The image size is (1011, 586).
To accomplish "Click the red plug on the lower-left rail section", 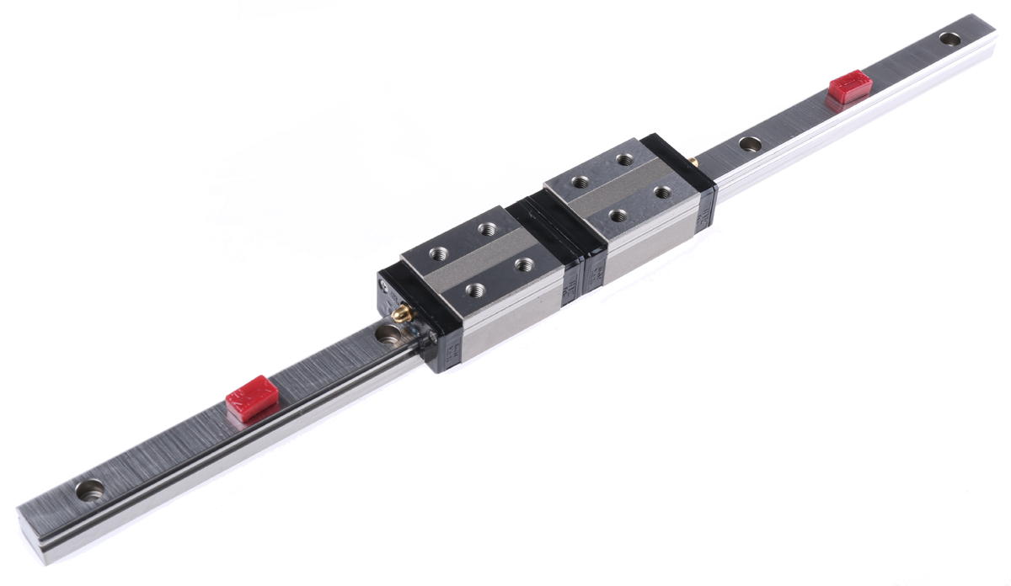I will [x=251, y=397].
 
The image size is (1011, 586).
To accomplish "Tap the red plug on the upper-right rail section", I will [x=850, y=88].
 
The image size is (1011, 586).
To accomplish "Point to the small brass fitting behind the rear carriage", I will [x=693, y=158].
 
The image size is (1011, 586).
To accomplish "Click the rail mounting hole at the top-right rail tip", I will [x=950, y=38].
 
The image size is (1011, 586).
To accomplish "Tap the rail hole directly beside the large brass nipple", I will [x=388, y=334].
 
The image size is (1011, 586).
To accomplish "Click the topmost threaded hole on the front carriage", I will [x=486, y=228].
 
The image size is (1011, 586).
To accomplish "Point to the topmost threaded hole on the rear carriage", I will [x=624, y=158].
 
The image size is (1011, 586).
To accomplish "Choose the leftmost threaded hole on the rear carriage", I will [x=580, y=180].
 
